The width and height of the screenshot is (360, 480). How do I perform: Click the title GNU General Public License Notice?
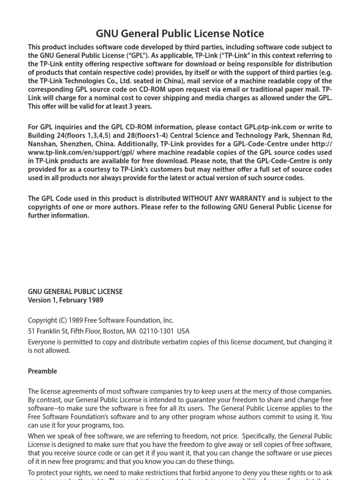180,33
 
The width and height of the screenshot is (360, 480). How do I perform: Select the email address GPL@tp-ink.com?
270,127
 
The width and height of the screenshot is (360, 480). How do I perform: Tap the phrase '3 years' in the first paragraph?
139,106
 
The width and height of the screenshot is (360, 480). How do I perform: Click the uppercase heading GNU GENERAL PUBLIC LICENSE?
75,291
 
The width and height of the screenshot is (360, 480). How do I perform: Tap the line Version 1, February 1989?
66,300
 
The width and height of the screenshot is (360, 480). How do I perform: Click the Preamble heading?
42,371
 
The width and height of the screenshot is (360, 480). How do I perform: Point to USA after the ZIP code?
183,331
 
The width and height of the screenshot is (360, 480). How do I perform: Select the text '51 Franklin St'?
46,331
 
